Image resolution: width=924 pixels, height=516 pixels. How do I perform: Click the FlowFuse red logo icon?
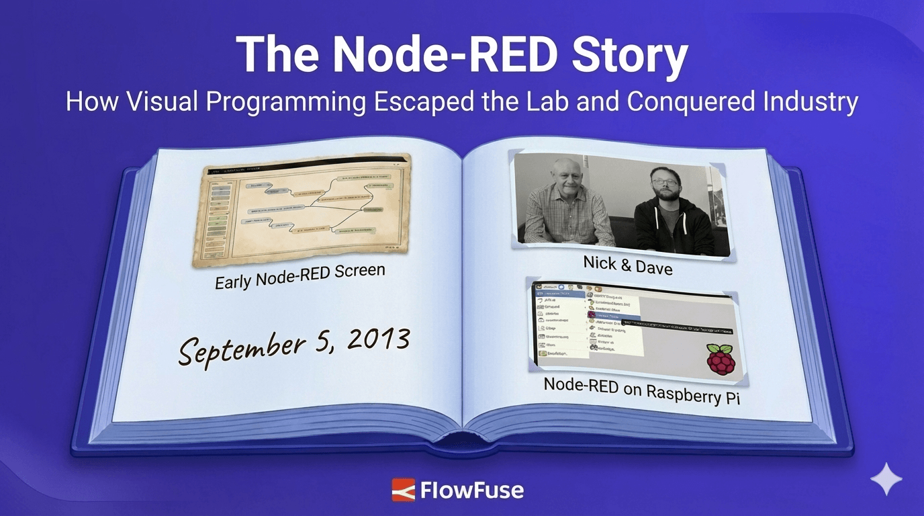[x=404, y=490]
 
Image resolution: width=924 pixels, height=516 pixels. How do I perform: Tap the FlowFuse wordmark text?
[x=471, y=490]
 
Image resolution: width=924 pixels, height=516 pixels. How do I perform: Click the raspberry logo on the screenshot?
[x=721, y=359]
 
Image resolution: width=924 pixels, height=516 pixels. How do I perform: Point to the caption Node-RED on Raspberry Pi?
[x=641, y=390]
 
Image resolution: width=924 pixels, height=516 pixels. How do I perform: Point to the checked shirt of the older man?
[x=568, y=222]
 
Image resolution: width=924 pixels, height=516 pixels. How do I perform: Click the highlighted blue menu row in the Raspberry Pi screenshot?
[x=614, y=314]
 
